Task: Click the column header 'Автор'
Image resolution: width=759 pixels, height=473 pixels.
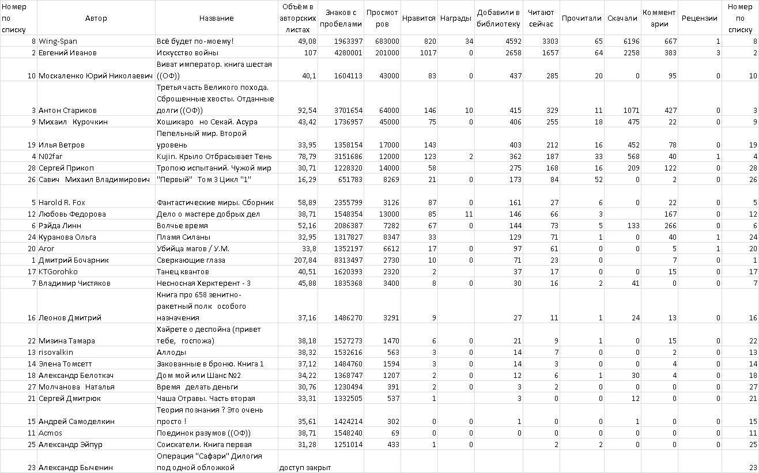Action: click(x=96, y=18)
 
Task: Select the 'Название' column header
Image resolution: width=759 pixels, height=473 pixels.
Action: click(x=216, y=18)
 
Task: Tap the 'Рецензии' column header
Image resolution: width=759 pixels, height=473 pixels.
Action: click(x=699, y=18)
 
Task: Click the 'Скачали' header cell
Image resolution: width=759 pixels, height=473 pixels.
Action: click(x=622, y=18)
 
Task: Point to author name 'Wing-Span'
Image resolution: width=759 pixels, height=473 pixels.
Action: click(x=58, y=41)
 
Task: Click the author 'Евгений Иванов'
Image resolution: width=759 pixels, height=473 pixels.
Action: click(x=67, y=53)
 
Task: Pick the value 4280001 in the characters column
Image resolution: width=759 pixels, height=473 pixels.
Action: click(x=348, y=53)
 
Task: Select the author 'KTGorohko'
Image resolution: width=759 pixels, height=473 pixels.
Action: click(x=58, y=272)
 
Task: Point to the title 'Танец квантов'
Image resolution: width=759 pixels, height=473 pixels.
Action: click(x=183, y=272)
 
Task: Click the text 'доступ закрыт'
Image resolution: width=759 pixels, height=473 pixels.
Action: click(x=305, y=468)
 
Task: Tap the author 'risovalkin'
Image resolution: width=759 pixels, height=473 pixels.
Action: click(x=56, y=353)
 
